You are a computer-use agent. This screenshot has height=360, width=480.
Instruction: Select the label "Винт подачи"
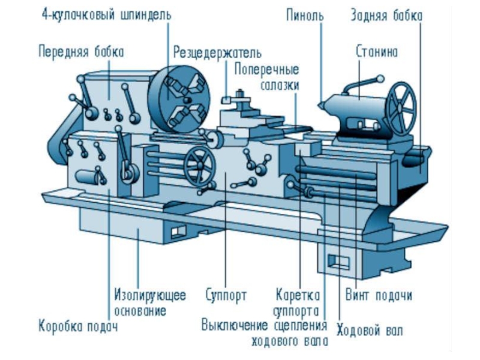pyautogui.click(x=379, y=296)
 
